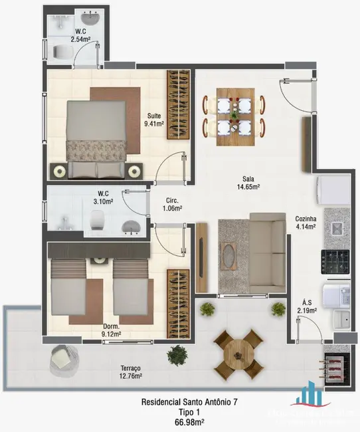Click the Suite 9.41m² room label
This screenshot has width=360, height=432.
tap(153, 119)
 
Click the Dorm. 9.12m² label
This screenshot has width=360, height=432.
tap(111, 330)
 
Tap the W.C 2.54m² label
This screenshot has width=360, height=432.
tap(80, 35)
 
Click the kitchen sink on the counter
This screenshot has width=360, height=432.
tap(337, 229)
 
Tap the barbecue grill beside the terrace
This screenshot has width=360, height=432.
tap(336, 362)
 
